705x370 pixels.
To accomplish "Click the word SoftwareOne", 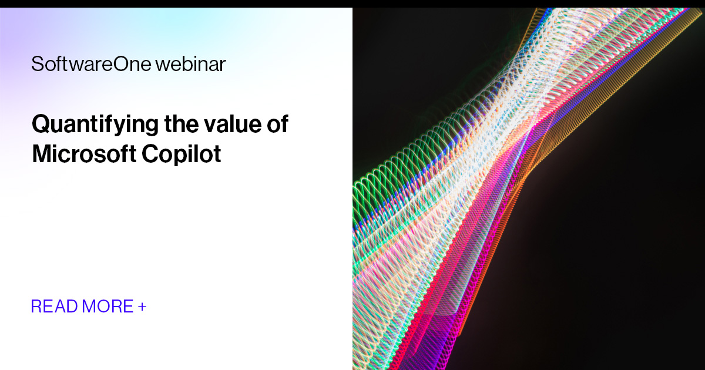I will (x=91, y=64).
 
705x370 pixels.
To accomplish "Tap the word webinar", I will (x=190, y=64).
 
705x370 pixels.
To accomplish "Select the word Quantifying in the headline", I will (x=95, y=125).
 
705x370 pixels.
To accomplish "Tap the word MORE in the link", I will (x=108, y=306).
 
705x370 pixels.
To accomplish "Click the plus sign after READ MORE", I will (x=142, y=306).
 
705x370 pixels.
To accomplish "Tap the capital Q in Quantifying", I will (x=41, y=125).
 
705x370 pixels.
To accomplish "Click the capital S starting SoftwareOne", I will (x=36, y=64).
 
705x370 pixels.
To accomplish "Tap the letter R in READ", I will (x=36, y=306).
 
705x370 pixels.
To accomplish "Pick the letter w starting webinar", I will (x=162, y=65).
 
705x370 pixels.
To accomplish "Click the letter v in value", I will (x=209, y=125).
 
